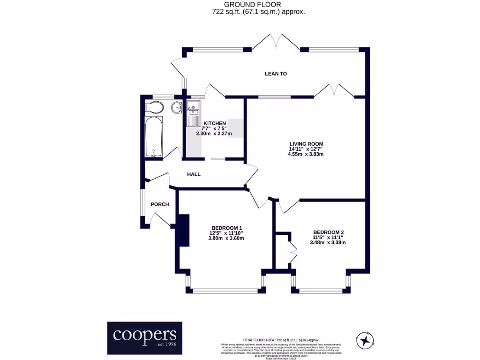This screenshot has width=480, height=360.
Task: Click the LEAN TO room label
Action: (276, 74)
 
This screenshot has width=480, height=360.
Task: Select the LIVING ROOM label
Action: (306, 144)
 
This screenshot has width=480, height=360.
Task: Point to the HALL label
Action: (194, 174)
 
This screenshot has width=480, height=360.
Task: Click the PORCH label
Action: (159, 204)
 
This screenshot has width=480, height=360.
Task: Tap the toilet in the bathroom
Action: (154, 108)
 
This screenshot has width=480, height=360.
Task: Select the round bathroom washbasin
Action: (177, 107)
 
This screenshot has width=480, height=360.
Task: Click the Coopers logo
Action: (144, 337)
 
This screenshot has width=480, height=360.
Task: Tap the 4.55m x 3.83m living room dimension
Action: (306, 155)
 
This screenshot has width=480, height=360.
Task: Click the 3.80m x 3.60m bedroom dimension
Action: (226, 238)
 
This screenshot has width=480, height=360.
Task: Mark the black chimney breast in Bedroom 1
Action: (182, 230)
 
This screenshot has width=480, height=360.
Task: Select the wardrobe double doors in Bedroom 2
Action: (293, 253)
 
